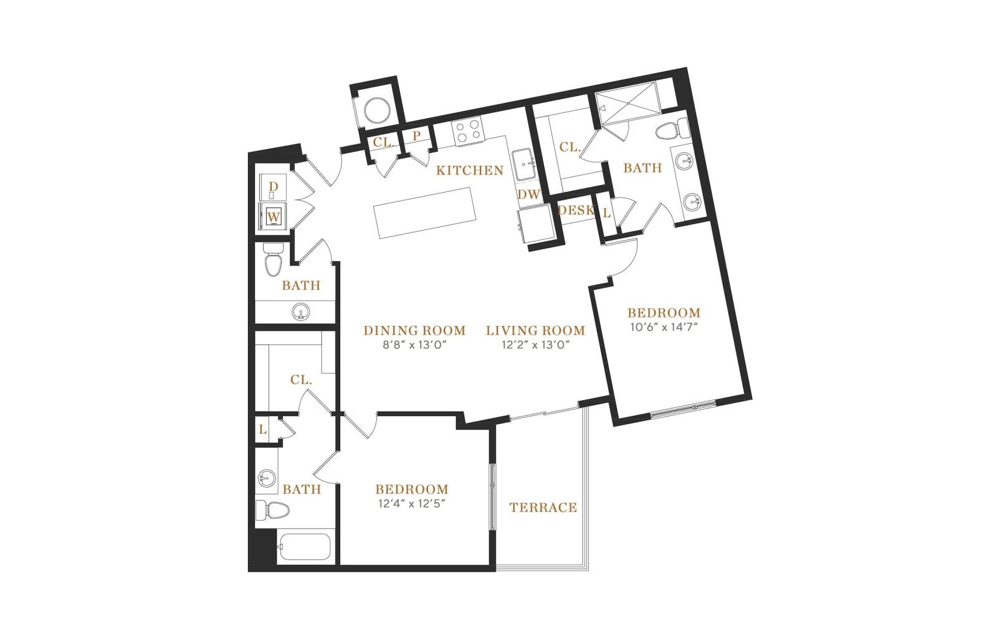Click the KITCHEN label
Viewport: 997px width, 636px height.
[470, 171]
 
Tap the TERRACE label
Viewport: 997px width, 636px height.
[543, 508]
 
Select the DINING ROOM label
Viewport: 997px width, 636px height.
[414, 330]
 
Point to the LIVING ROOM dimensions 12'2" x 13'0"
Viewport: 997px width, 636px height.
[535, 345]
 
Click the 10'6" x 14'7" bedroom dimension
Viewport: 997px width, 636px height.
[664, 327]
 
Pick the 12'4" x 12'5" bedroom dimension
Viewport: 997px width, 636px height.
[412, 504]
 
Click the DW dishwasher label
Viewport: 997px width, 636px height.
[529, 195]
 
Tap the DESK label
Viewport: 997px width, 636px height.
[576, 210]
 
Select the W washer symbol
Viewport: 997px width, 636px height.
[274, 218]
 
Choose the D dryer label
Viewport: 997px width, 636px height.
[274, 186]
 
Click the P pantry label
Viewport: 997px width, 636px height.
[416, 136]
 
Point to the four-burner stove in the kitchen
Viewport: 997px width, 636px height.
[467, 130]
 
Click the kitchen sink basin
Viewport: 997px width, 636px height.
[524, 165]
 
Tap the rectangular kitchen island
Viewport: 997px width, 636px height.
[424, 213]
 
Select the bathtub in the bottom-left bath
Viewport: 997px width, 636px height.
[305, 546]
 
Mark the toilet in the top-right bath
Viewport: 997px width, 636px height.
[672, 130]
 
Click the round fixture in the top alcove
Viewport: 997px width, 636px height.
[378, 109]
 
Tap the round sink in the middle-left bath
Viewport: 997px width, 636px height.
[302, 312]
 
